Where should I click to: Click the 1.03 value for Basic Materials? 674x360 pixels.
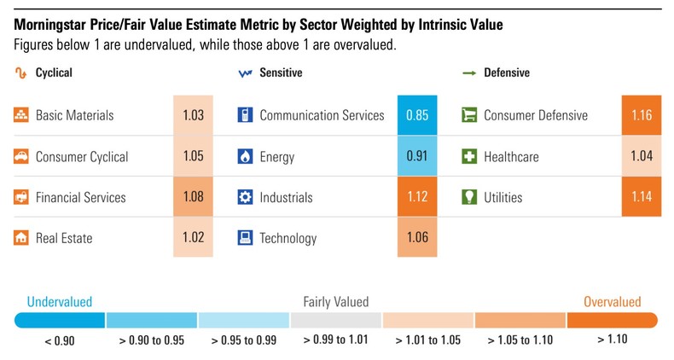coord(194,115)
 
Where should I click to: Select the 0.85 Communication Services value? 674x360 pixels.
coord(417,115)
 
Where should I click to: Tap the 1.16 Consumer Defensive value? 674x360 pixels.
coord(641,115)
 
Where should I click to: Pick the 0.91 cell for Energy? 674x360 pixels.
coord(417,156)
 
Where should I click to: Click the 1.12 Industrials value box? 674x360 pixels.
coord(417,197)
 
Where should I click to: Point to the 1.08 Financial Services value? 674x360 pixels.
coord(194,197)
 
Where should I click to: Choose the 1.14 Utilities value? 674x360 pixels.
coord(641,197)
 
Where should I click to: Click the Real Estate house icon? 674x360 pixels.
coord(22,238)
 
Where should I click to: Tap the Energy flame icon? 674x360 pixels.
coord(246,156)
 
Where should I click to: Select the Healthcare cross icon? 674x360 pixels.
coord(468,156)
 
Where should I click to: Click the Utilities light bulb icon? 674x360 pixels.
coord(468,197)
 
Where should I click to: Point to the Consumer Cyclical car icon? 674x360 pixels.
coord(22,156)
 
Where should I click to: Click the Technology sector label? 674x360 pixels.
coord(288,238)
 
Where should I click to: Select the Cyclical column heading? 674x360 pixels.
coord(54,73)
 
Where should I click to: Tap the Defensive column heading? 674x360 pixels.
coord(507,73)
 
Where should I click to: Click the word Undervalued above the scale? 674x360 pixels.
coord(60,301)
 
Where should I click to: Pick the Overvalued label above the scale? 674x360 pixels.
coord(612,301)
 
